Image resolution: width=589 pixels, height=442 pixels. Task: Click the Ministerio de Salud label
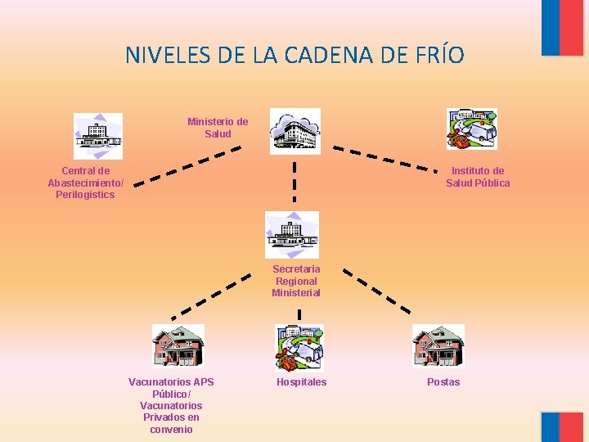(218, 128)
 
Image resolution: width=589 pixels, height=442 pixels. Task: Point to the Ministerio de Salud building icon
(294, 131)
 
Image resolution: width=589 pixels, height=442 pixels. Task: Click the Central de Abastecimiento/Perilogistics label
(85, 183)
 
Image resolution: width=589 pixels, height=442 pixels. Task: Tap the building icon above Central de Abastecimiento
(98, 136)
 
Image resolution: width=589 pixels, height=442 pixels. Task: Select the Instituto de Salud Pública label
(478, 177)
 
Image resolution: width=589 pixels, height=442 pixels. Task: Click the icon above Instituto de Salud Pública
(471, 129)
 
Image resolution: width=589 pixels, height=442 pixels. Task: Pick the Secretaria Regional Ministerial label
(296, 281)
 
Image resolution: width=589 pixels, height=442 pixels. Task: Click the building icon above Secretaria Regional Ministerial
(292, 235)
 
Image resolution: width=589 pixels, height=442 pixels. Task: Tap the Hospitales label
(301, 382)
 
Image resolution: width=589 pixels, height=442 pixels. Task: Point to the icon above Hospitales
(299, 348)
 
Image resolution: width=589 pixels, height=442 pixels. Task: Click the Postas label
(443, 382)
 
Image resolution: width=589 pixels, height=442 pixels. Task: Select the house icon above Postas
(438, 346)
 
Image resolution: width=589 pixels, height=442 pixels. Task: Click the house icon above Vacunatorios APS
(178, 346)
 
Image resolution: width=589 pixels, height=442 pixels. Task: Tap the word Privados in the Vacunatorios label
(164, 417)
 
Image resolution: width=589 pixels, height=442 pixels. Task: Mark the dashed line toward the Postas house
(376, 290)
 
